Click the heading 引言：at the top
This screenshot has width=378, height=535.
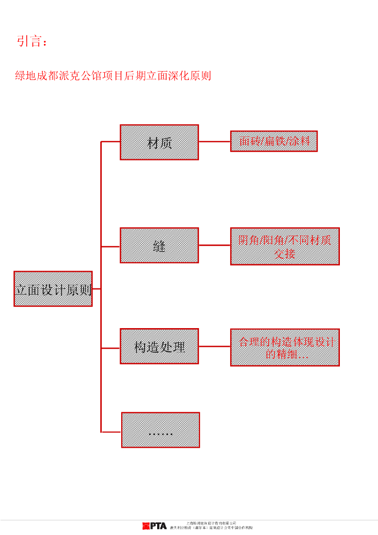[x=32, y=42]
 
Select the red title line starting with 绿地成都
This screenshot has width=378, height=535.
[x=113, y=76]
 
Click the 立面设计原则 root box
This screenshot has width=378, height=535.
[x=53, y=289]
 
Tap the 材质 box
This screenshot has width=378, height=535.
[x=159, y=142]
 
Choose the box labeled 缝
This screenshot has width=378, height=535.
[x=159, y=246]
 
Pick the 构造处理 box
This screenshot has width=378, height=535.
[x=159, y=346]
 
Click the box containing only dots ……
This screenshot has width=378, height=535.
[x=160, y=430]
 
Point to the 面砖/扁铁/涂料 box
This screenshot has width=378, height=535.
[x=274, y=141]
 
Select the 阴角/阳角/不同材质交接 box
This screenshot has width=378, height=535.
[x=285, y=246]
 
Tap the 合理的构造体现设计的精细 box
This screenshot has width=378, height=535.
[x=285, y=347]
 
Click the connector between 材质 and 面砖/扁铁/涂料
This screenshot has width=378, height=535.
[x=215, y=142]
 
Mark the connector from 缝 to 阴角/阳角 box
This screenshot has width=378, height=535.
[x=215, y=246]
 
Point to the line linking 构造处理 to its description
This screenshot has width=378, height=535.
[x=215, y=346]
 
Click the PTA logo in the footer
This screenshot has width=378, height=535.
[x=155, y=526]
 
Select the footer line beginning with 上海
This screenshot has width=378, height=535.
[x=211, y=522]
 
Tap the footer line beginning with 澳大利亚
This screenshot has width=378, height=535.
[x=211, y=528]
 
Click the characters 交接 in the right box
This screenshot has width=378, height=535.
[x=285, y=253]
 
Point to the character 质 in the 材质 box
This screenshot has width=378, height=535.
[x=166, y=142]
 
